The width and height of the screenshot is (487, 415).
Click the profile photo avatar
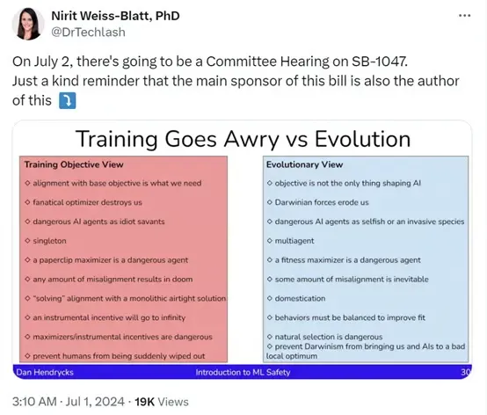(27, 24)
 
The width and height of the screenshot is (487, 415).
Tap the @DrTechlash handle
(88, 33)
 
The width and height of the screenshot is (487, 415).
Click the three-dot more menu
(464, 16)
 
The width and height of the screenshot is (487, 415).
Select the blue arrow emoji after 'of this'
(68, 101)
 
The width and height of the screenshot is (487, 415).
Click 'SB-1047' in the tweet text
(379, 62)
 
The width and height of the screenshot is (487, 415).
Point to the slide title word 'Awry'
(251, 140)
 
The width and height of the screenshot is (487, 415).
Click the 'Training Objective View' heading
(74, 164)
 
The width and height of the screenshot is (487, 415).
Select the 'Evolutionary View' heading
(304, 164)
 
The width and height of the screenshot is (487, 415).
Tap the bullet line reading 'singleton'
(46, 241)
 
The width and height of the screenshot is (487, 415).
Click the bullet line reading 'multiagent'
(290, 241)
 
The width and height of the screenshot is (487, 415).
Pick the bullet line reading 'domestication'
(296, 299)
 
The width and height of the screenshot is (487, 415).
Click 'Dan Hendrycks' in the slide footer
(45, 372)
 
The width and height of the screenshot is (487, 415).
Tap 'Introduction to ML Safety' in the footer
(243, 372)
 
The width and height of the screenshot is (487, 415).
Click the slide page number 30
(466, 372)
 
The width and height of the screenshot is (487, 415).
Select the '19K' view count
(144, 402)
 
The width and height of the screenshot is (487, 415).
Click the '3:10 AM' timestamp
(34, 402)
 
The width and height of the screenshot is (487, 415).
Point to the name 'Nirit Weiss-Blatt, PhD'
(115, 16)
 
